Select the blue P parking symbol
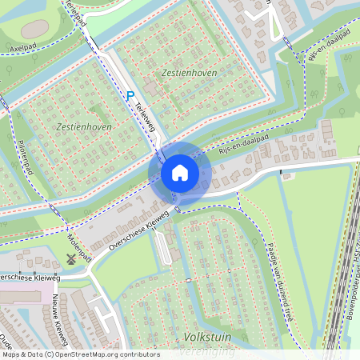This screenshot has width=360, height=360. tap(130, 95)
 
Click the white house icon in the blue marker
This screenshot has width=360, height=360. tap(180, 173)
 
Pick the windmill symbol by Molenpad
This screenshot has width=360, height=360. tap(70, 259)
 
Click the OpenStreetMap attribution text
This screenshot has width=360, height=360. tap(80, 354)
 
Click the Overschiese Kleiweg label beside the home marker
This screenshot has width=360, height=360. tap(142, 228)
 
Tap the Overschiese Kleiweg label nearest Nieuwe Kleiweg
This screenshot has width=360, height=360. tap(18, 277)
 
